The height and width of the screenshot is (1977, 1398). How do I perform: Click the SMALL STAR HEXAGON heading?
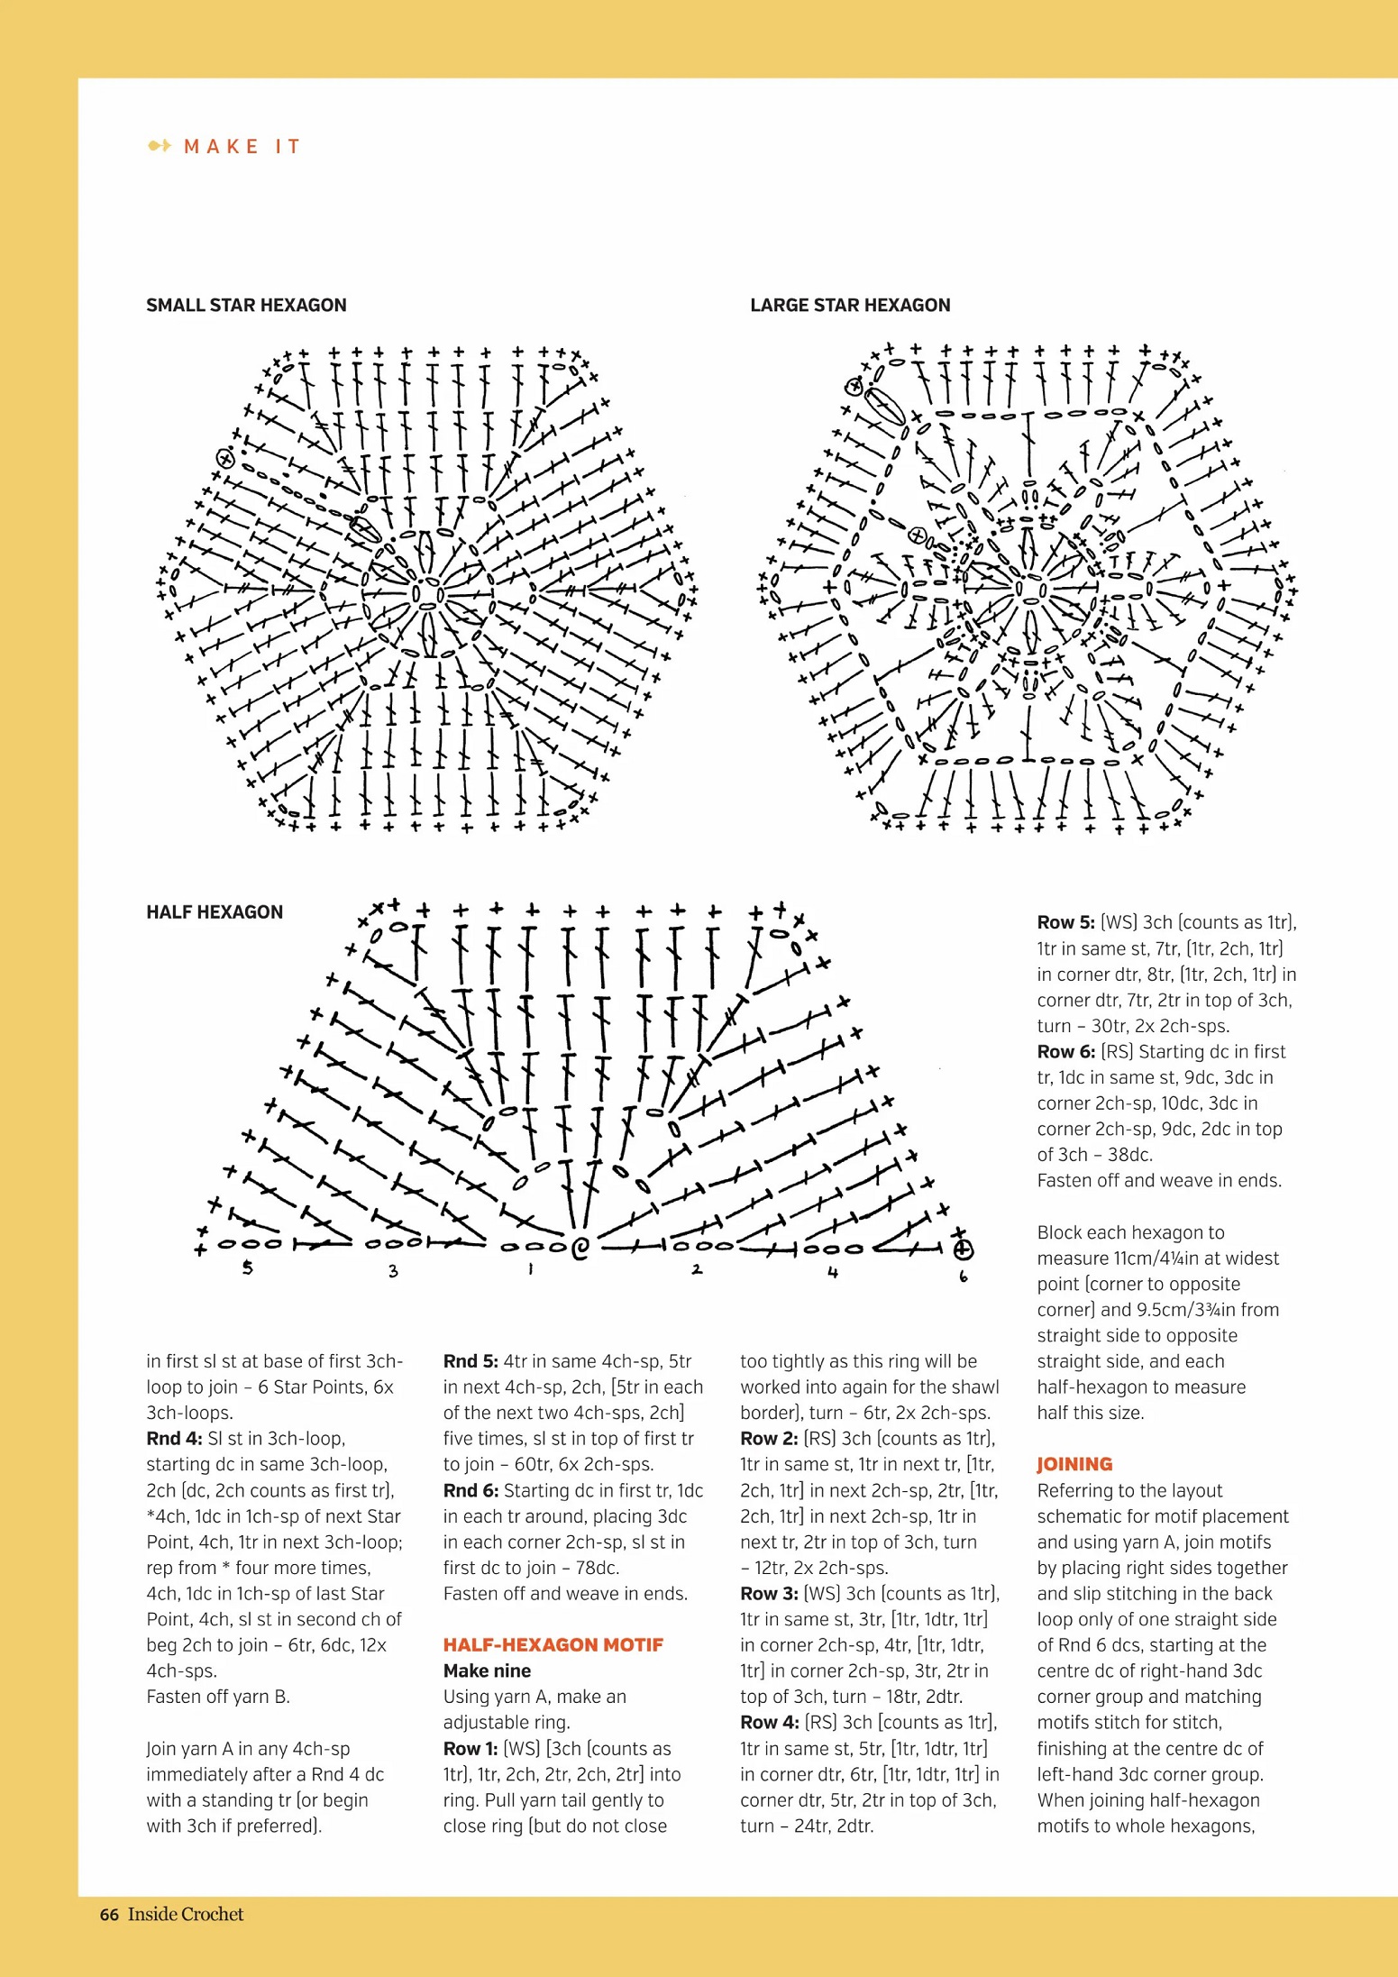click(x=246, y=305)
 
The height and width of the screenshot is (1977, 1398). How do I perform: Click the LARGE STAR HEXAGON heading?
click(x=849, y=305)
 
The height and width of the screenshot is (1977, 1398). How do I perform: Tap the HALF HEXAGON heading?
click(x=215, y=911)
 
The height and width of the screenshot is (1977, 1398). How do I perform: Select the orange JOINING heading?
click(x=1074, y=1464)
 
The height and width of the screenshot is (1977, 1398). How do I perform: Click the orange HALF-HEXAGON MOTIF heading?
click(x=553, y=1644)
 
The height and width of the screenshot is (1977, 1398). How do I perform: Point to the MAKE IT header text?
click(x=242, y=146)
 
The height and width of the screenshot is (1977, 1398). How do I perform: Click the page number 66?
click(x=109, y=1914)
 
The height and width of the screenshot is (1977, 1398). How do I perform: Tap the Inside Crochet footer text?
click(x=186, y=1914)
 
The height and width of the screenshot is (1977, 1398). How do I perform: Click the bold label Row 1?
click(x=470, y=1748)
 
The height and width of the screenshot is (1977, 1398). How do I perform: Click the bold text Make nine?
click(x=487, y=1670)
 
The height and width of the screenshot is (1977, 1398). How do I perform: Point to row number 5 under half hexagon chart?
click(x=247, y=1268)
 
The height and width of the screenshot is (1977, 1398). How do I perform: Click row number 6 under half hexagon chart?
click(x=963, y=1276)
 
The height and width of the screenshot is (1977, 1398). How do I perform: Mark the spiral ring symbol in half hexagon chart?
click(x=580, y=1249)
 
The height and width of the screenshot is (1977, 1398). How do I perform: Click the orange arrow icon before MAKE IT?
click(x=160, y=146)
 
